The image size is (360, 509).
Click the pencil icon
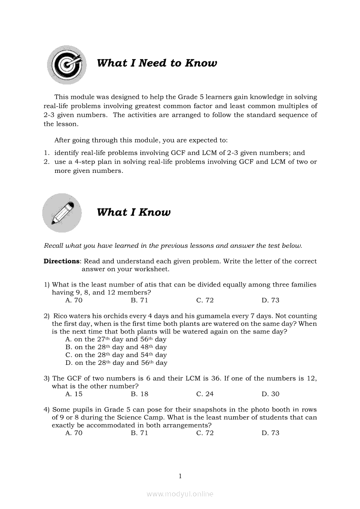pos(62,213)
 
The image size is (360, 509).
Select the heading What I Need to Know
pos(157,63)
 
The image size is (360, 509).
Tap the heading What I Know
pos(133,212)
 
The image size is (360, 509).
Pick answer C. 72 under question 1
pos(205,300)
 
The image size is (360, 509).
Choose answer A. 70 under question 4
pos(74,433)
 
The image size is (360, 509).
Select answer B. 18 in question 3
pos(139,394)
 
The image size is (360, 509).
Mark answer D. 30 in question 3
pos(271,394)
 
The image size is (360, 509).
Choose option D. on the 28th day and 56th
pos(116,363)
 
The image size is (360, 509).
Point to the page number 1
pos(180,476)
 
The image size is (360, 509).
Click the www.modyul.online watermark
pos(180,494)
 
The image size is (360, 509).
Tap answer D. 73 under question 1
pos(271,300)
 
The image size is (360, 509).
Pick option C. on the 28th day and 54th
pos(116,355)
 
